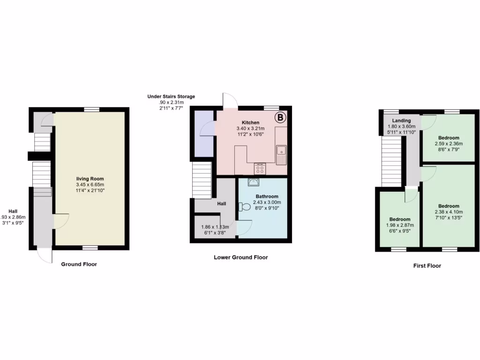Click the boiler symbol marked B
[280, 117]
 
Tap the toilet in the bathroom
[245, 207]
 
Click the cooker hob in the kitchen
[259, 168]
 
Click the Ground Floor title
[79, 264]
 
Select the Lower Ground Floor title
[241, 257]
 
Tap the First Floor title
[427, 266]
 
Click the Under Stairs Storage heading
[171, 97]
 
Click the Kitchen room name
[250, 123]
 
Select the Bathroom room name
[267, 196]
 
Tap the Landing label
[401, 120]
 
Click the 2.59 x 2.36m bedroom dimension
[449, 143]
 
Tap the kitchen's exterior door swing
[230, 99]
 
